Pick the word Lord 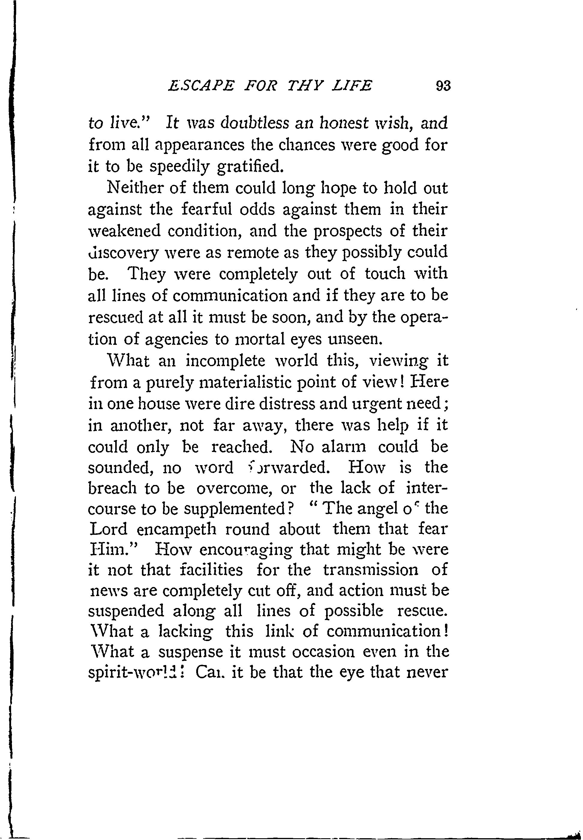point(108,529)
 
